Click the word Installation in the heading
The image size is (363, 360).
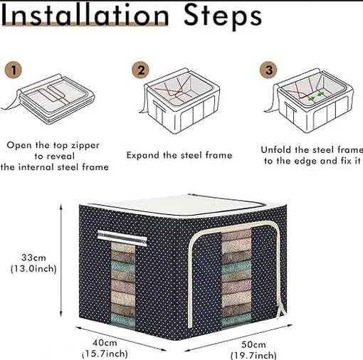point(85,15)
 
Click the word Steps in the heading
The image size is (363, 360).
point(223,17)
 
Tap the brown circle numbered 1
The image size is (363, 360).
point(14,70)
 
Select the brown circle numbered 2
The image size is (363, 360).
point(141,70)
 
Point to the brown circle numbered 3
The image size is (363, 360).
point(268,70)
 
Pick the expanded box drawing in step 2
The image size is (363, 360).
point(180,101)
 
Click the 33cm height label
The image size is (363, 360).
point(33,258)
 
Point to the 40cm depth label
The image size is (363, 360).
point(105,343)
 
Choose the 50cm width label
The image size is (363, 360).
point(253,344)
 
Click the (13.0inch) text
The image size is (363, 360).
point(33,269)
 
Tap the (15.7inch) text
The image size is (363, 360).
point(105,354)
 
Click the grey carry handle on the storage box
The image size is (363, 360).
point(122,237)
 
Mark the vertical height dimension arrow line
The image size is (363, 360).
point(61,261)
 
